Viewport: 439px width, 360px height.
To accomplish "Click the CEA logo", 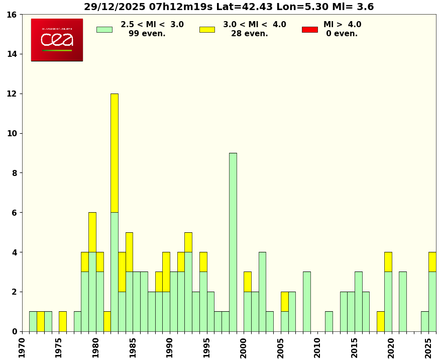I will point(57,40).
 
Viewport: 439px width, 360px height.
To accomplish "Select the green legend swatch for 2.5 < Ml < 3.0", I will point(104,29).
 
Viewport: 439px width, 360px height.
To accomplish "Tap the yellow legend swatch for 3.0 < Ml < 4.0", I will point(207,29).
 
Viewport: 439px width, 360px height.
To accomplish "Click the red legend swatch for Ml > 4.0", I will point(309,29).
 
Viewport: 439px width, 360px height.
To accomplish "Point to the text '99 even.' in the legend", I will point(147,34).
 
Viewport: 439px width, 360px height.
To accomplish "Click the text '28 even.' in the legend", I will point(249,34).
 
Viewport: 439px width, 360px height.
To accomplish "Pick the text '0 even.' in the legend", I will point(342,34).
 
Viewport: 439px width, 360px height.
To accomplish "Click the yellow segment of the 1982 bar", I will point(115,153).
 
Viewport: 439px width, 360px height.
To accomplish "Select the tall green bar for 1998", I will point(233,241).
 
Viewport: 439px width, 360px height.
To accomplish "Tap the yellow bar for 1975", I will point(62,321).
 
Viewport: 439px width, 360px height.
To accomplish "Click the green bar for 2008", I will point(306,301).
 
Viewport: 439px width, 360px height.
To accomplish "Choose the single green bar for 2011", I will point(328,321).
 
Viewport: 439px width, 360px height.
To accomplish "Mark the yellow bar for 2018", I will point(380,321).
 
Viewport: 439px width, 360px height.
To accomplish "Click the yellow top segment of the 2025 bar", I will point(432,261).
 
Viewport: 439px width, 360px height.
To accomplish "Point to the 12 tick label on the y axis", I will point(11,94).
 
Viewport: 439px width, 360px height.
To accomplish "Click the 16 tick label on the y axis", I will point(11,15).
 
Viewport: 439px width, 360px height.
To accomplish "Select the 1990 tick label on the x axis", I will point(170,347).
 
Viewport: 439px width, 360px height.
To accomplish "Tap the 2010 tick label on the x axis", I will point(317,347).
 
